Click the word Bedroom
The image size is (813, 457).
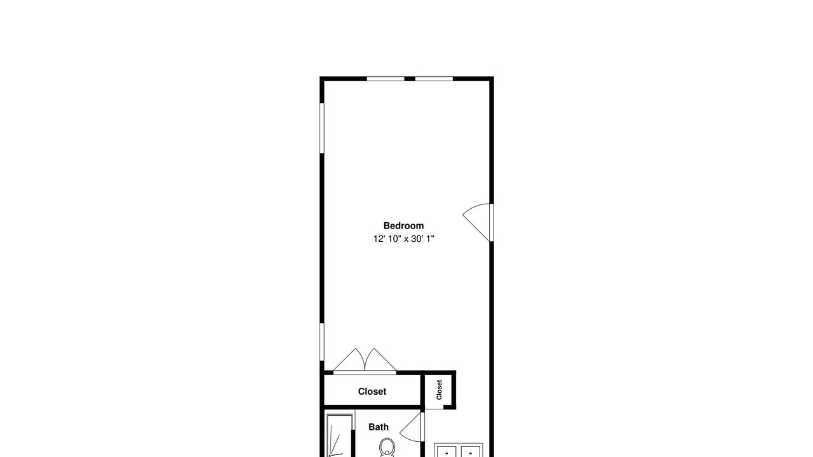pyautogui.click(x=403, y=225)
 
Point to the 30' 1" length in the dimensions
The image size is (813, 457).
pyautogui.click(x=423, y=239)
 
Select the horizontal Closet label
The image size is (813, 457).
pyautogui.click(x=372, y=392)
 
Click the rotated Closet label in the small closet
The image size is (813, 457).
pyautogui.click(x=439, y=390)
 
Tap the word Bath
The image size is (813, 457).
pyautogui.click(x=379, y=427)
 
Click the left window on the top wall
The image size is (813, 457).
pyautogui.click(x=386, y=79)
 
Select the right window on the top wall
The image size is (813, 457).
pyautogui.click(x=434, y=79)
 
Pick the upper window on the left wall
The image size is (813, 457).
pyautogui.click(x=321, y=128)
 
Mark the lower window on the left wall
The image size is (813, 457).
pyautogui.click(x=321, y=342)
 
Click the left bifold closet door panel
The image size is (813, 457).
pyautogui.click(x=349, y=361)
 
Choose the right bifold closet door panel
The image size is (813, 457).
pyautogui.click(x=380, y=361)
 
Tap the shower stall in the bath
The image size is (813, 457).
pyautogui.click(x=339, y=435)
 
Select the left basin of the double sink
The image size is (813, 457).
pyautogui.click(x=447, y=451)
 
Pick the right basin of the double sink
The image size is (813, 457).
pyautogui.click(x=471, y=451)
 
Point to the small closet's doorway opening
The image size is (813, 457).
pyautogui.click(x=434, y=407)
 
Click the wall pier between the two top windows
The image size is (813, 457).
pyautogui.click(x=410, y=79)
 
